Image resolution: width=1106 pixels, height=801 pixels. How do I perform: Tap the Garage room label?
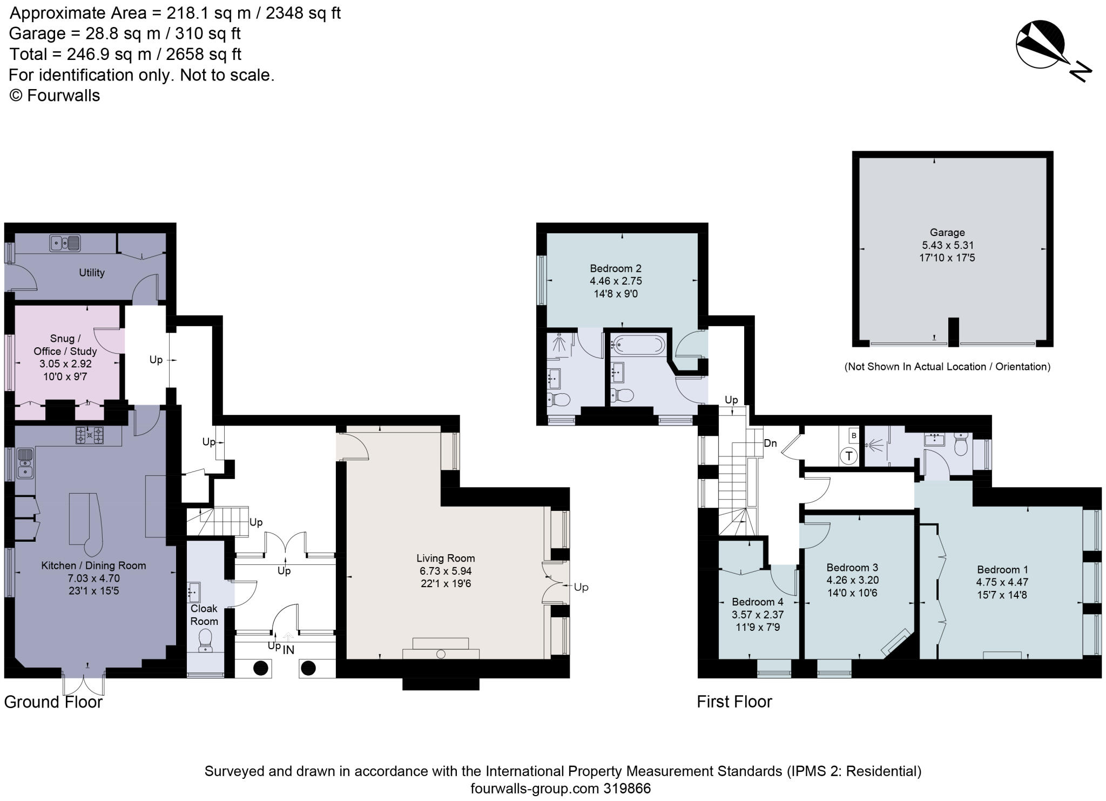[x=947, y=232]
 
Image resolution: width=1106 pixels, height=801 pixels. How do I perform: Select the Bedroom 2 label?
[x=615, y=268]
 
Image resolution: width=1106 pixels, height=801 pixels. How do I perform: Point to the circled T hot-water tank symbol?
[x=849, y=456]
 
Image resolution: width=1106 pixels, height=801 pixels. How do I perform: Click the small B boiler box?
[x=853, y=435]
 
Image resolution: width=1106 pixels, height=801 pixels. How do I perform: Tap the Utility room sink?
[x=65, y=244]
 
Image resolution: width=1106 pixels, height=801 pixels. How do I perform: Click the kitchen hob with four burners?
[x=89, y=435]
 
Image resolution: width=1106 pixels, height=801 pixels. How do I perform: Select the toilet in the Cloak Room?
[x=205, y=641]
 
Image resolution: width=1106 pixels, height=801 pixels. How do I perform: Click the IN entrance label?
[x=288, y=650]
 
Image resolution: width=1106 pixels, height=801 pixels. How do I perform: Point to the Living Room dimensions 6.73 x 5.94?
[x=446, y=571]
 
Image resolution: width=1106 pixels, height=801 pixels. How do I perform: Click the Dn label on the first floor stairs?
[x=770, y=443]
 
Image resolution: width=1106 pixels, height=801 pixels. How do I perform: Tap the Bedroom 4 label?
[x=757, y=602]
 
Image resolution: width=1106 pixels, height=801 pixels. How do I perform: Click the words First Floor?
[x=734, y=702]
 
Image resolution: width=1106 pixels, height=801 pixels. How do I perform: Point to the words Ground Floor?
[x=53, y=702]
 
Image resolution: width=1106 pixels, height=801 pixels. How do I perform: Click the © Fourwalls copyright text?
[x=55, y=96]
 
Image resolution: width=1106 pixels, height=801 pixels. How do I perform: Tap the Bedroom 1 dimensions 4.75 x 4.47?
[x=1002, y=582]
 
